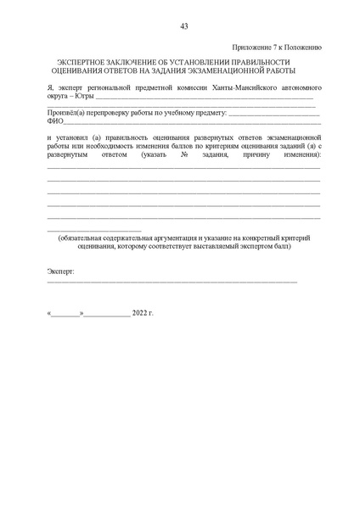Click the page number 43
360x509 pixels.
coord(183,26)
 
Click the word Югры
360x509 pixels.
coord(85,98)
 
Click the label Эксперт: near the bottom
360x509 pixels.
coord(60,271)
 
